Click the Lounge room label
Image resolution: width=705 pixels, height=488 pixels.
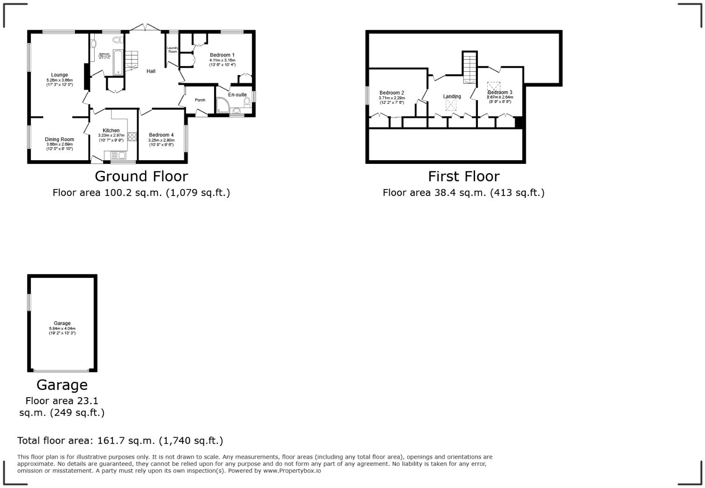59,75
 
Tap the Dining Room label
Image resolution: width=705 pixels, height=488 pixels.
59,139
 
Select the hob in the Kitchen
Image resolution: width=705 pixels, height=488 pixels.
132,136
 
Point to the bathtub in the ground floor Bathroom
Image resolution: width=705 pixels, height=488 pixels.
117,62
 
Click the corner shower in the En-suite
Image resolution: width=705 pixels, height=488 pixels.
222,106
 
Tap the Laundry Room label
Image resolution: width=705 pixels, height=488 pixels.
173,49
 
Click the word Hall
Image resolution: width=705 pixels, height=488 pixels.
151,71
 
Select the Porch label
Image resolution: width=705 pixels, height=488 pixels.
200,100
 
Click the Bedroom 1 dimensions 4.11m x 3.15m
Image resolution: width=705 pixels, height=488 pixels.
222,60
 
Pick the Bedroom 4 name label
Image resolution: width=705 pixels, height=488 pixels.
161,135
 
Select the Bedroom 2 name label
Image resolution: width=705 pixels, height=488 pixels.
392,93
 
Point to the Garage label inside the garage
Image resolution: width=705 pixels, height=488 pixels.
62,323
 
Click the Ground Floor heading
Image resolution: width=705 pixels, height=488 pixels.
141,176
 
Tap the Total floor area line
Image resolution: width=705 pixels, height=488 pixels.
120,441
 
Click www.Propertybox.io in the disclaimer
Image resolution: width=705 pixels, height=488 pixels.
292,471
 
